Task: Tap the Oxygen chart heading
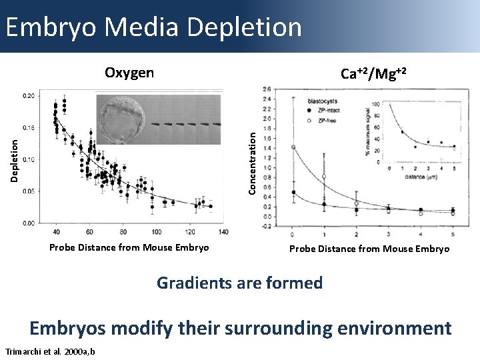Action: pyautogui.click(x=129, y=73)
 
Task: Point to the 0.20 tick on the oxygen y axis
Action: pyautogui.click(x=29, y=96)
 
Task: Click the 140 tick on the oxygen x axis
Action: pyautogui.click(x=223, y=231)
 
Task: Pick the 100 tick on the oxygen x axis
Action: pyautogui.click(x=156, y=231)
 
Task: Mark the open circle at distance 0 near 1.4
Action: pyautogui.click(x=293, y=147)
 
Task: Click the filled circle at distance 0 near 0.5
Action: pyautogui.click(x=293, y=192)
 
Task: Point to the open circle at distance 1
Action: pyautogui.click(x=325, y=177)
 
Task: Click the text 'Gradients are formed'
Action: pyautogui.click(x=239, y=283)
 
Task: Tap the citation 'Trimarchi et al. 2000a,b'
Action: pyautogui.click(x=49, y=351)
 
